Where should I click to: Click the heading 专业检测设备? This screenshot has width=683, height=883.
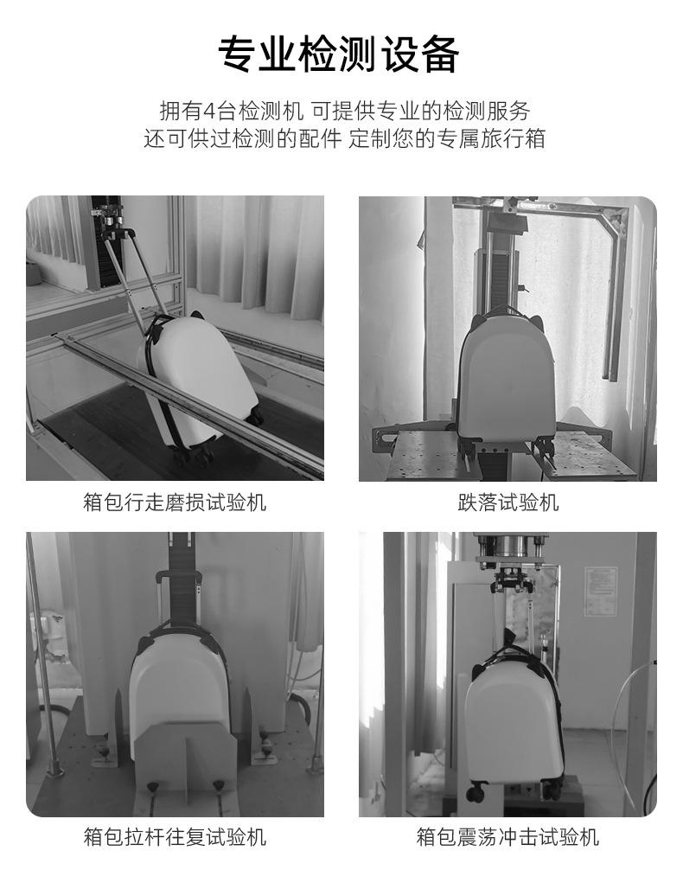(338, 54)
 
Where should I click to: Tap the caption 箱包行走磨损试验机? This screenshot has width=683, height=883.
(175, 502)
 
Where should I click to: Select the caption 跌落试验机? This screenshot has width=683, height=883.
(507, 502)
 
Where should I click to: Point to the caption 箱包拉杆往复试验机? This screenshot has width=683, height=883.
(175, 836)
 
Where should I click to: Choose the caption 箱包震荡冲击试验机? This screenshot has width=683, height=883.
(507, 836)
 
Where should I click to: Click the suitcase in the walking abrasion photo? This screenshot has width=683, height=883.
(192, 381)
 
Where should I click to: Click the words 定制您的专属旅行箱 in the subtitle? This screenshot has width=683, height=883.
(447, 138)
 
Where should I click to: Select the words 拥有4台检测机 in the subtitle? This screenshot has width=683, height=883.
(232, 111)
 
